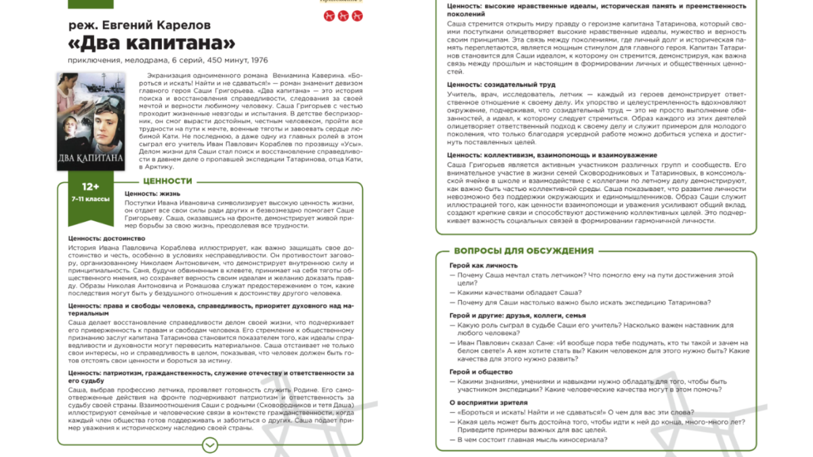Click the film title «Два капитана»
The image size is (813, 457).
pyautogui.click(x=152, y=43)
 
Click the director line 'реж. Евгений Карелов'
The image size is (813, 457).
pyautogui.click(x=140, y=25)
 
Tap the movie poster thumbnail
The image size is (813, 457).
pyautogui.click(x=91, y=121)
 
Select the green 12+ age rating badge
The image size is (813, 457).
pyautogui.click(x=90, y=187)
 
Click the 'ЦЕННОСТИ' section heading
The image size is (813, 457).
pyautogui.click(x=167, y=181)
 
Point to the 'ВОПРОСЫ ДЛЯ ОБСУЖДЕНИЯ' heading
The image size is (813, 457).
pyautogui.click(x=514, y=251)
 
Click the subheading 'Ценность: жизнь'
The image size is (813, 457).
pyautogui.click(x=151, y=193)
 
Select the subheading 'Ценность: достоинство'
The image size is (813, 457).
pyautogui.click(x=107, y=238)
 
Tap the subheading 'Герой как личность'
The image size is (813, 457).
pyautogui.click(x=484, y=265)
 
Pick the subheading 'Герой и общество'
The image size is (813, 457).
pyautogui.click(x=481, y=372)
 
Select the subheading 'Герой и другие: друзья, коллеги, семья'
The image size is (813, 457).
pyautogui.click(x=518, y=315)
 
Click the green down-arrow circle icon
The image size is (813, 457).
pyautogui.click(x=210, y=445)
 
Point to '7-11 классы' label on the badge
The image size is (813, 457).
pyautogui.click(x=90, y=200)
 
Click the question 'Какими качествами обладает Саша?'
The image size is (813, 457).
pyautogui.click(x=519, y=292)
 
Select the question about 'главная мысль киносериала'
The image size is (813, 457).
pyautogui.click(x=531, y=440)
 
